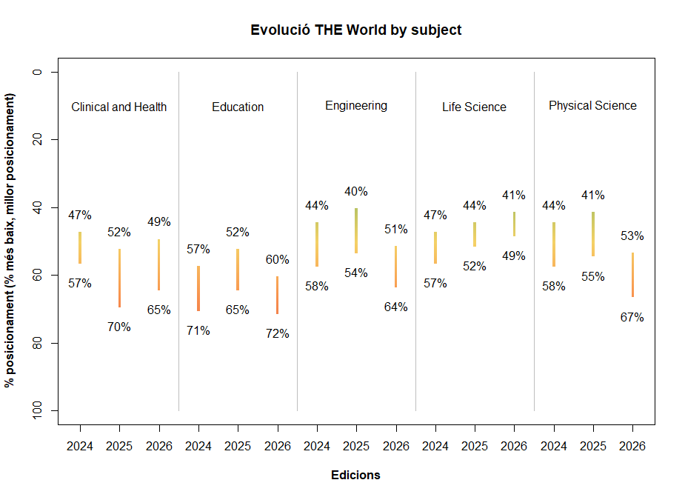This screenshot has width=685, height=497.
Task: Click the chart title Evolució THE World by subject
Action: (x=355, y=30)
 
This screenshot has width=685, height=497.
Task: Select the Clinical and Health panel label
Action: (x=118, y=107)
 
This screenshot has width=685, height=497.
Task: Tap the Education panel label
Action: (x=238, y=107)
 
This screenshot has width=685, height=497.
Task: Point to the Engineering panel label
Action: (x=356, y=106)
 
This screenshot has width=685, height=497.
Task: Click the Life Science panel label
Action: (x=474, y=107)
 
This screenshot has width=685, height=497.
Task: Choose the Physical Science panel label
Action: (x=592, y=106)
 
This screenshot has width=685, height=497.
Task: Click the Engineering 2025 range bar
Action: (x=356, y=230)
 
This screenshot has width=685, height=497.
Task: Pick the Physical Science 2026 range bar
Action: (x=632, y=275)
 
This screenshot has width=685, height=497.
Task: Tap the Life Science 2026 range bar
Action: (x=514, y=224)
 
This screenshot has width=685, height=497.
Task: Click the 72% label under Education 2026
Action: (x=277, y=334)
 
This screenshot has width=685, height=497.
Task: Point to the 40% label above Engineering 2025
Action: (x=356, y=192)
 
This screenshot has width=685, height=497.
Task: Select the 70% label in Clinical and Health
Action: (x=119, y=327)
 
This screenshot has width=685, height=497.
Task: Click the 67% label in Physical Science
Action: (x=632, y=318)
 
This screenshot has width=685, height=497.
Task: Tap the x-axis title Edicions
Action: (x=355, y=476)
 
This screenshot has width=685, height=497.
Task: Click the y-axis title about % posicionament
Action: (x=10, y=241)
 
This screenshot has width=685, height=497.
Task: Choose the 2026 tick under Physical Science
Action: (x=632, y=447)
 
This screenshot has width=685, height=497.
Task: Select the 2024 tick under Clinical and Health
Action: (x=80, y=447)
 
